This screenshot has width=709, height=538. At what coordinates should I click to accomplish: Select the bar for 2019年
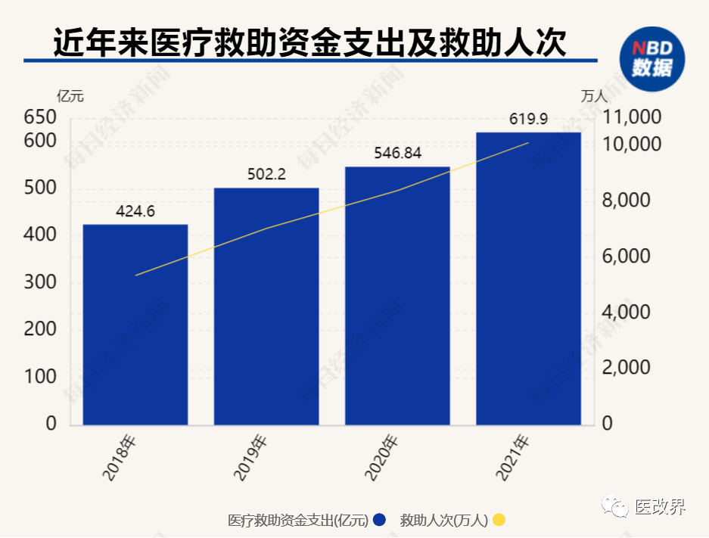tap(266, 306)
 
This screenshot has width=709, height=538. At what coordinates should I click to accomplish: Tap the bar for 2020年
tap(397, 295)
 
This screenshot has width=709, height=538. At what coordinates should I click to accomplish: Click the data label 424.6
tap(135, 211)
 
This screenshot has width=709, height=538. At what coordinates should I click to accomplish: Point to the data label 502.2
tap(266, 174)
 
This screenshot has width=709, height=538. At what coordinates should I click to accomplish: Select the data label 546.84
tap(398, 153)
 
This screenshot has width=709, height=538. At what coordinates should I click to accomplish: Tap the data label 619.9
tap(528, 118)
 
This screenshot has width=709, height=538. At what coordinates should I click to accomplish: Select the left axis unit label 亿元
tap(70, 96)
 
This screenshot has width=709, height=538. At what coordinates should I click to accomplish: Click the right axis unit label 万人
tap(594, 96)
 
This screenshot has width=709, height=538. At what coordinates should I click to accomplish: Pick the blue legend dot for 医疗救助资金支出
tap(380, 520)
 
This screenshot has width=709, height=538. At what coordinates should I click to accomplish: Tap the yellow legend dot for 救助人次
tap(498, 520)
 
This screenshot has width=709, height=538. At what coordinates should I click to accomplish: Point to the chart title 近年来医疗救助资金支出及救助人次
tap(310, 42)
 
